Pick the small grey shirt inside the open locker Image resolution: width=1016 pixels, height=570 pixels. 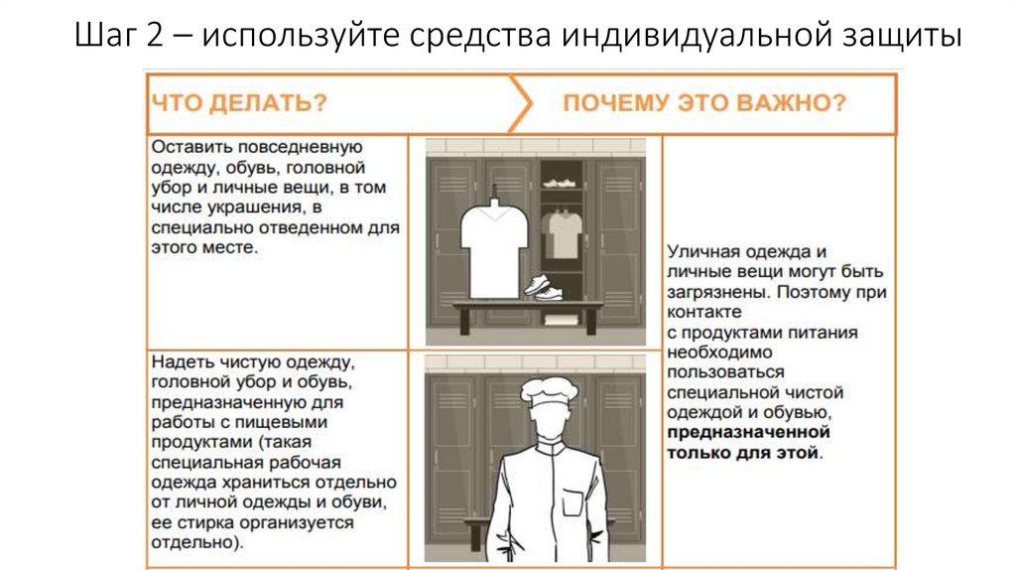[565, 230]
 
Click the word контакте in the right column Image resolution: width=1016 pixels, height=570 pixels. [702, 314]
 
